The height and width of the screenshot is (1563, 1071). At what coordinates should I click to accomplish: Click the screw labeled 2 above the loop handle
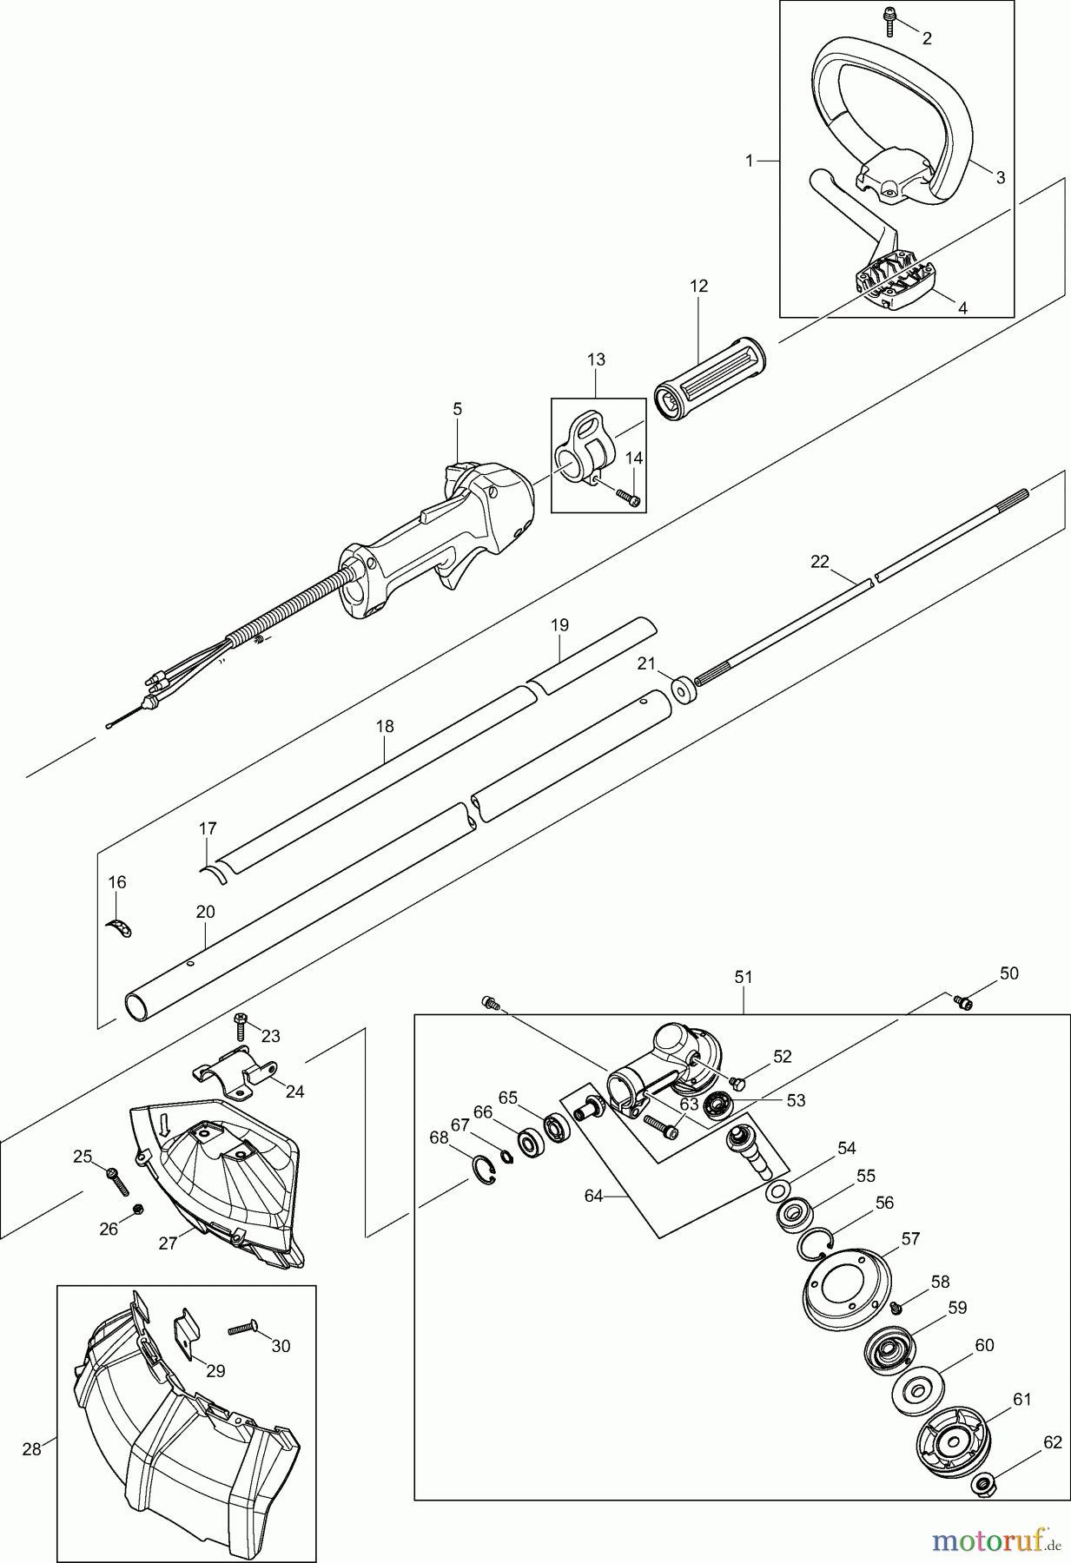890,22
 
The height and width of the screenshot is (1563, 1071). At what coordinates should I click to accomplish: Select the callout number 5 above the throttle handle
458,408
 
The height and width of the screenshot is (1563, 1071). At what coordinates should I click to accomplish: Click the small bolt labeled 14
628,498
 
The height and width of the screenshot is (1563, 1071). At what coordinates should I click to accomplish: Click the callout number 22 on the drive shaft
819,562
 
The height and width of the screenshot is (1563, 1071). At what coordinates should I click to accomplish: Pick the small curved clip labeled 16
122,927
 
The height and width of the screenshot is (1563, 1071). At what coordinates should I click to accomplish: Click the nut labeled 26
137,1209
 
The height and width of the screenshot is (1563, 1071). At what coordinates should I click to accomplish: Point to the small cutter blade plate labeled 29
188,1327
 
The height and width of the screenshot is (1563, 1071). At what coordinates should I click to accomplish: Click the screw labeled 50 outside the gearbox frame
962,1002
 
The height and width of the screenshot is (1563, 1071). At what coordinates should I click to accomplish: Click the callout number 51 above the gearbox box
744,977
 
